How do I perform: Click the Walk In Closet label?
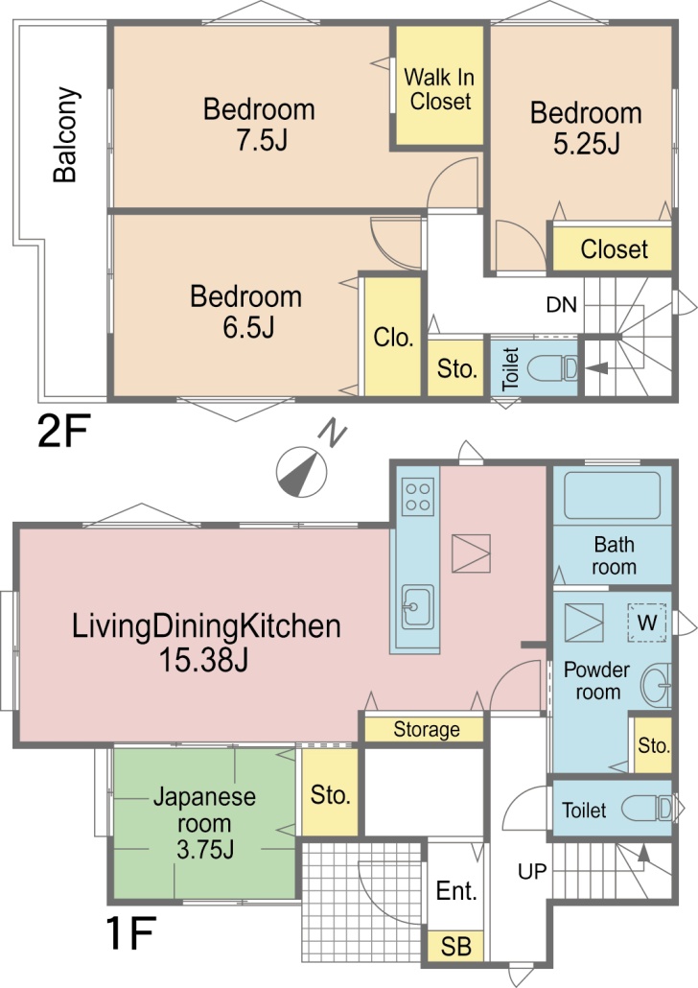[x=439, y=89]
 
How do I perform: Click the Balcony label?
[x=65, y=135]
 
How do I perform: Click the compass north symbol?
[x=302, y=472]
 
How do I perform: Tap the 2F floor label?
[x=63, y=431]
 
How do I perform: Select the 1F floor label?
[x=130, y=933]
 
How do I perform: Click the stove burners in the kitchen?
[x=418, y=497]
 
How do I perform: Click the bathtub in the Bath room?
[x=612, y=495]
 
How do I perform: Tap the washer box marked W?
[x=647, y=623]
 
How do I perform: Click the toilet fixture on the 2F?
[x=552, y=367]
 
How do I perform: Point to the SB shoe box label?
[x=455, y=947]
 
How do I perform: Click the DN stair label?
[x=561, y=305]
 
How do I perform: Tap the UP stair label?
[x=532, y=871]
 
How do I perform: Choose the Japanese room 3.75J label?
[x=204, y=823]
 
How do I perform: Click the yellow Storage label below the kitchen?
[x=427, y=730]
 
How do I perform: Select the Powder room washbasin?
[x=656, y=685]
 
